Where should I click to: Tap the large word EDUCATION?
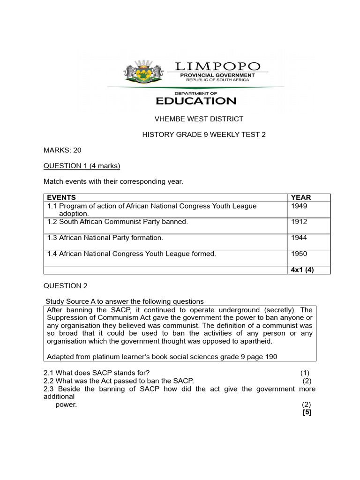(196, 100)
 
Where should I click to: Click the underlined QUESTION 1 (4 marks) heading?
(82, 165)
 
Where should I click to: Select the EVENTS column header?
(61, 197)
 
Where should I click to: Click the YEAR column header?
(301, 197)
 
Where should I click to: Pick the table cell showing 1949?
(299, 206)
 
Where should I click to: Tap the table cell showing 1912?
(299, 222)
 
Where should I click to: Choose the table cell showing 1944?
(299, 238)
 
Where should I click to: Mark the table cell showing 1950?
(299, 254)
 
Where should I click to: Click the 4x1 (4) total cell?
(302, 270)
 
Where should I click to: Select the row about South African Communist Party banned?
(117, 222)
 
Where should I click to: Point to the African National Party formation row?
(105, 238)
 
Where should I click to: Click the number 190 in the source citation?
(271, 357)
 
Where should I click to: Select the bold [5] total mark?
(307, 412)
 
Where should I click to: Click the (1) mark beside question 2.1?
(305, 373)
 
